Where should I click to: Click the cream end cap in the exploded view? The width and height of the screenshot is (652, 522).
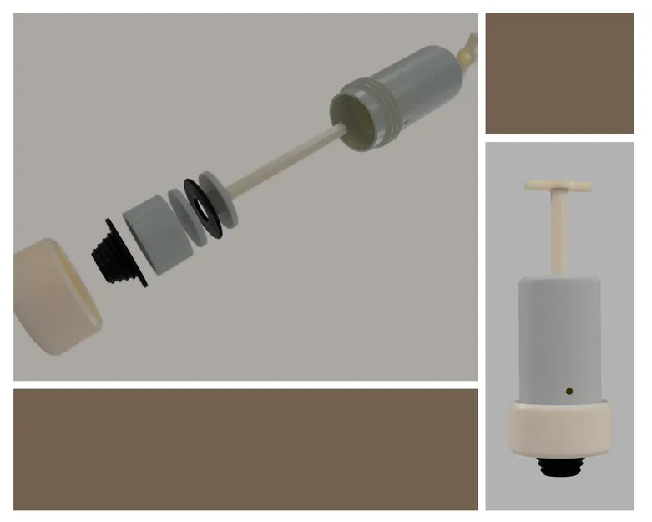[x=55, y=296]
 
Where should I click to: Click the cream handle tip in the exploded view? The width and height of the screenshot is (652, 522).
[x=468, y=50]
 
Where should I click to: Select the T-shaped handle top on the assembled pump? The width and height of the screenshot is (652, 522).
[x=558, y=185]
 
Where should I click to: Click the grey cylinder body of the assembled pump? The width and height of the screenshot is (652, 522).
[x=558, y=334]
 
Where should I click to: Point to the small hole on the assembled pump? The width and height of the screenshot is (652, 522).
[x=569, y=390]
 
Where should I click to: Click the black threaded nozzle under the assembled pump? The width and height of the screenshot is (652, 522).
[x=558, y=466]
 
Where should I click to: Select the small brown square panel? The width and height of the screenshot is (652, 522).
[x=559, y=73]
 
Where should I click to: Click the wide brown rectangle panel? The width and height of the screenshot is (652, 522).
[x=245, y=449]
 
